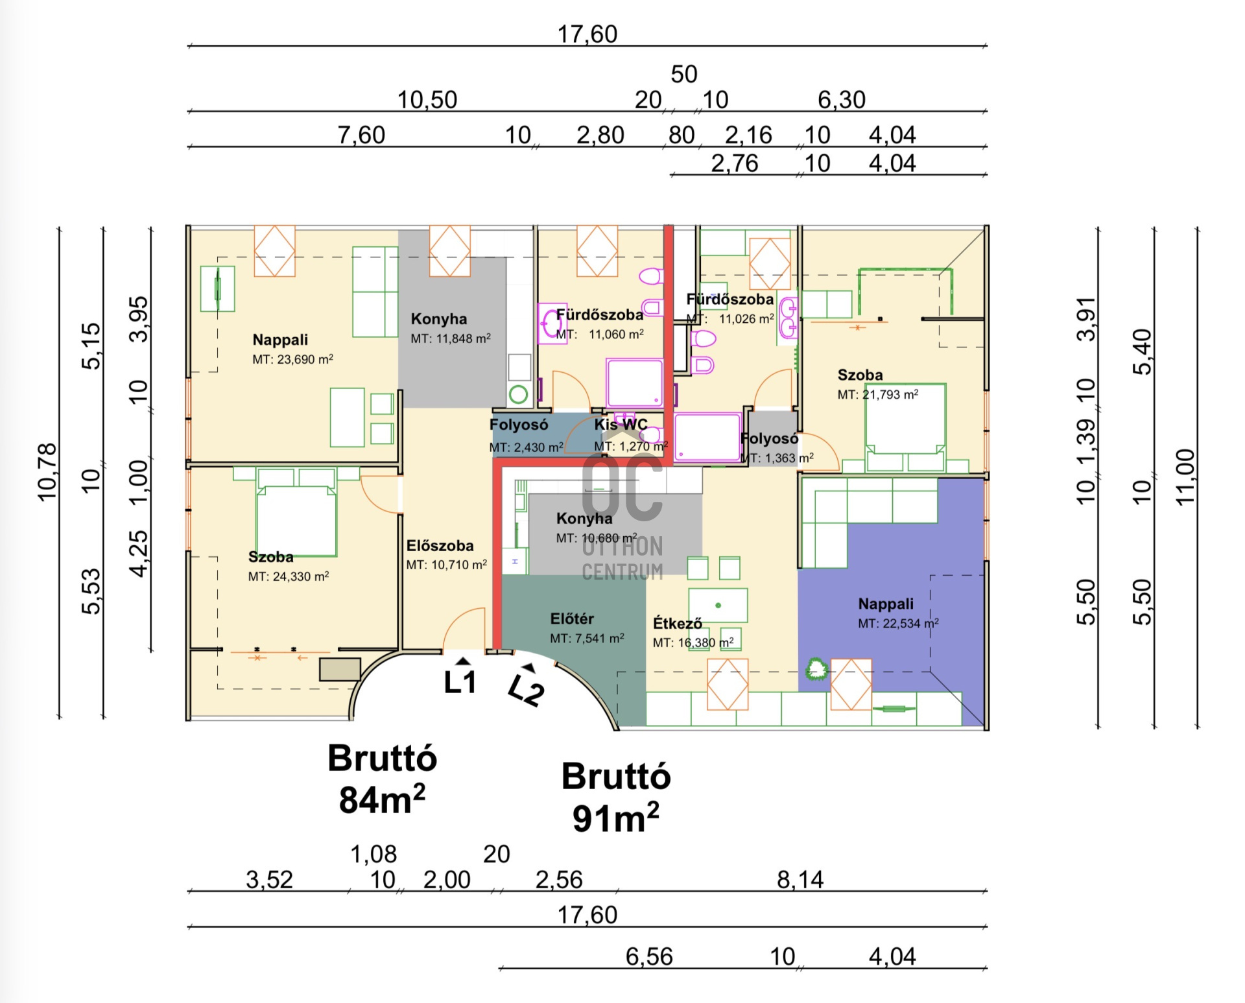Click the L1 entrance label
(x=460, y=682)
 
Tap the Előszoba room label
(x=440, y=546)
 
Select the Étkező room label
(x=678, y=623)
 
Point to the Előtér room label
(x=572, y=619)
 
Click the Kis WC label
(x=621, y=425)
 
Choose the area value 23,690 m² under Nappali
(x=293, y=359)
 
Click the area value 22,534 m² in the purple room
(x=899, y=624)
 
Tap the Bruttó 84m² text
(x=383, y=779)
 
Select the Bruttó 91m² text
(x=616, y=797)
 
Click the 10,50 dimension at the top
(x=427, y=100)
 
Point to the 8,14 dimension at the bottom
(x=800, y=880)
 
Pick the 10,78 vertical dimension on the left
(x=47, y=472)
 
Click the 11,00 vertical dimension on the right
(x=1185, y=477)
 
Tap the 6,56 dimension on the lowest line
(x=649, y=956)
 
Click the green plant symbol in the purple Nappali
(x=816, y=668)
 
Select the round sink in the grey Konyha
(x=519, y=394)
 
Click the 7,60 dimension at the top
(x=361, y=135)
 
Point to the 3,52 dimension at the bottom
(x=269, y=880)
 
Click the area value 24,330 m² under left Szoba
(x=289, y=576)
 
